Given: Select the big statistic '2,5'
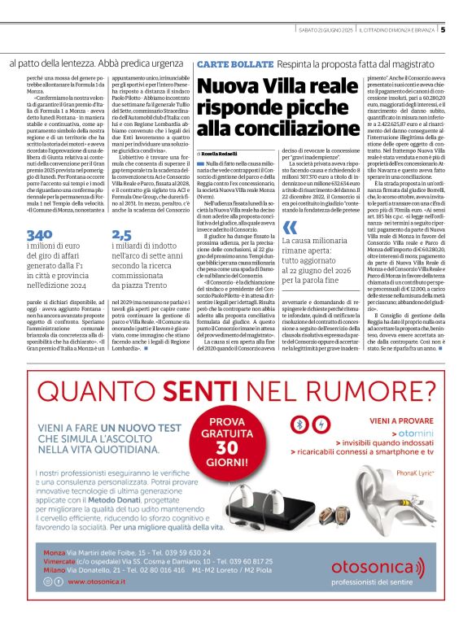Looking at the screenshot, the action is click(120, 234).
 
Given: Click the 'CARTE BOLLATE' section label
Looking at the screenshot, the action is click(225, 63).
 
